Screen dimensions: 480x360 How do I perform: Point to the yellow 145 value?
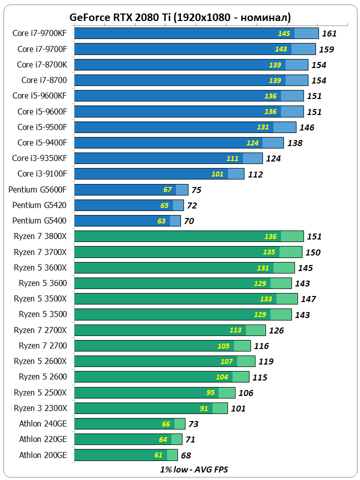click(x=284, y=33)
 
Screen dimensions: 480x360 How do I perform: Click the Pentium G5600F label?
click(x=37, y=189)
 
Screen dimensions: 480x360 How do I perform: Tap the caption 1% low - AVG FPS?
click(x=194, y=469)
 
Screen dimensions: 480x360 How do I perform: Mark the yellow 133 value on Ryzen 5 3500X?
click(x=266, y=299)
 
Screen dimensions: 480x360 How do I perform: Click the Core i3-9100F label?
click(x=42, y=173)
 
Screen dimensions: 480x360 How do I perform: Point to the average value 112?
click(x=255, y=174)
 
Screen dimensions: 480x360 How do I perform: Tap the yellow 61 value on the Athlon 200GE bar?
click(x=158, y=455)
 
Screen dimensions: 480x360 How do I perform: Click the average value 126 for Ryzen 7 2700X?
click(x=276, y=330)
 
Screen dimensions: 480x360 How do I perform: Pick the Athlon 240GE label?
click(x=43, y=424)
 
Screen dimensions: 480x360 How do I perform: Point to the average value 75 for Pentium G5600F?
click(x=196, y=190)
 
